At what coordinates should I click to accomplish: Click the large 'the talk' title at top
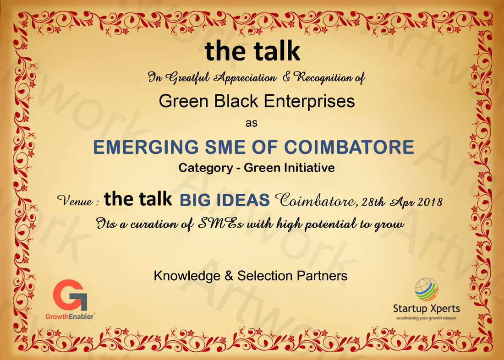(252, 51)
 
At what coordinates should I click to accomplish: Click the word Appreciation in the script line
(245, 78)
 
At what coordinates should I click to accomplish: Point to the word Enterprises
(309, 102)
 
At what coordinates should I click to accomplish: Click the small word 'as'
(252, 123)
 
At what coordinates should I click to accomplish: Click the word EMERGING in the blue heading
(146, 147)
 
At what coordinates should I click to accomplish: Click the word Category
(206, 168)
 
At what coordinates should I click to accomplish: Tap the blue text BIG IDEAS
(225, 200)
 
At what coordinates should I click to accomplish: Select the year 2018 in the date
(430, 202)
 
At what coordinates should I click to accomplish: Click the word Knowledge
(187, 276)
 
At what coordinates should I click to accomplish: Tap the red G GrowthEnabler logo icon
(70, 295)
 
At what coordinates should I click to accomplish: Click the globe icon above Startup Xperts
(426, 289)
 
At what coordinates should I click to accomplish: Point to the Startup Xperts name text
(427, 309)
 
